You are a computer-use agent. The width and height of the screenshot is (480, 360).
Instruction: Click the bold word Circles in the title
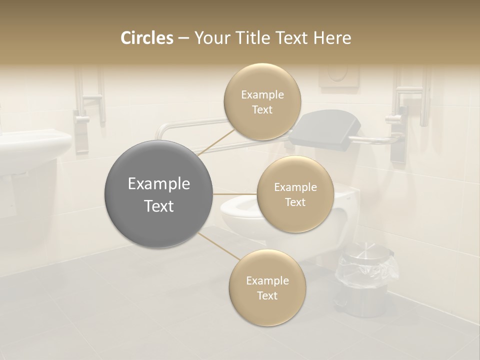[x=146, y=38]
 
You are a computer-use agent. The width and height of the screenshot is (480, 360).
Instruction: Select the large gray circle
[x=159, y=194]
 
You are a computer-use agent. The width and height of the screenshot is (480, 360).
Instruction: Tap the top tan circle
[x=262, y=102]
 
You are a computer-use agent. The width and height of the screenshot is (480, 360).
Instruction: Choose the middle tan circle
[x=295, y=194]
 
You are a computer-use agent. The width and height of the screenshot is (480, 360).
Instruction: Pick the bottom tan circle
[x=267, y=288]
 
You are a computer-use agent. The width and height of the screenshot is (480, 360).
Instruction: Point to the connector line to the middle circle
[x=235, y=193]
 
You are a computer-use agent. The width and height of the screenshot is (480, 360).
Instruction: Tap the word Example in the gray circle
[x=159, y=184]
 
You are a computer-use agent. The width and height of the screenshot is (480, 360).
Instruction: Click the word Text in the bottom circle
[x=267, y=295]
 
